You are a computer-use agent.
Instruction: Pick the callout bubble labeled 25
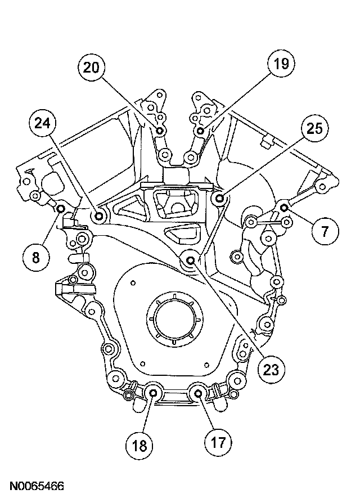314,129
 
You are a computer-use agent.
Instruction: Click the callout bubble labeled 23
272,369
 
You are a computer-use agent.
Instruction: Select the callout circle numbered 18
139,446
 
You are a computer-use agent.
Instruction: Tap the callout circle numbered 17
219,442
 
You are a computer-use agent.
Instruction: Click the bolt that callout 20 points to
160,131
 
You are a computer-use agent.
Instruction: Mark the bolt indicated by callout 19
201,131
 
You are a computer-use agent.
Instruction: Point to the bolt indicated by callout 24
100,215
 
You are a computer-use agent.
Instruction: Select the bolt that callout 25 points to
220,198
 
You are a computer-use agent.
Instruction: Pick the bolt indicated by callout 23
191,260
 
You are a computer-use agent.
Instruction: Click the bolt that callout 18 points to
153,393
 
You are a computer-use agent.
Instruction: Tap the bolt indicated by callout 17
199,394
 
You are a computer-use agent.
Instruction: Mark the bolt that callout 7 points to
284,208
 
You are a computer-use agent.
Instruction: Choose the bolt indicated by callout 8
61,210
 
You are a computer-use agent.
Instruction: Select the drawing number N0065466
35,485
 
